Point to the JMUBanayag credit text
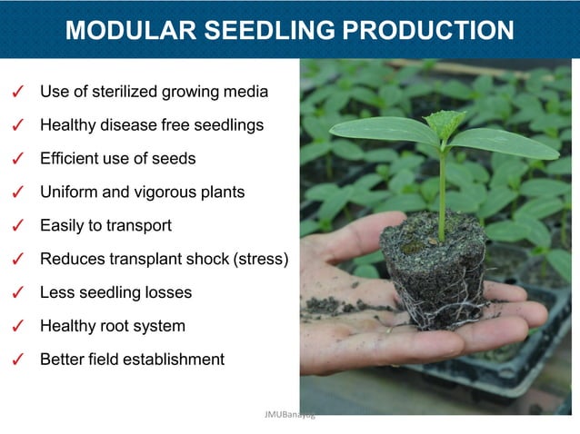click(289, 414)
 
